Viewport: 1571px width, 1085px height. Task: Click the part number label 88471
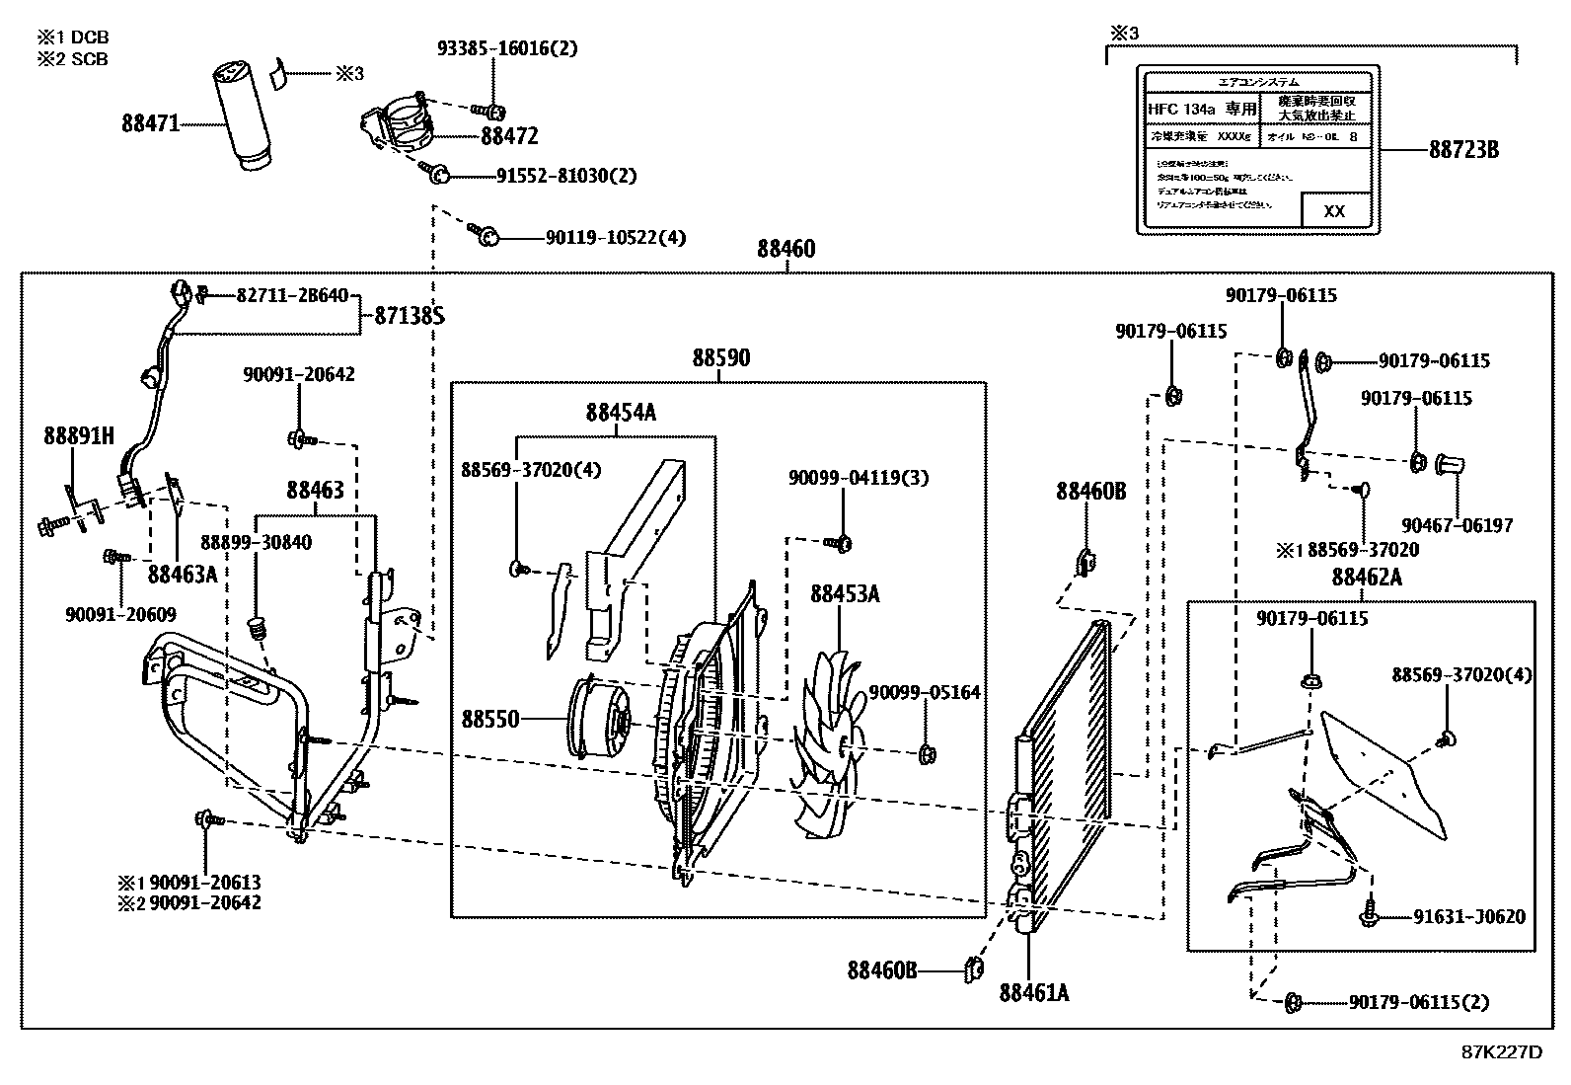(150, 124)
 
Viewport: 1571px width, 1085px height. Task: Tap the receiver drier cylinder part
(241, 116)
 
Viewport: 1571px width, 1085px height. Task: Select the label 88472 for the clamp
(509, 136)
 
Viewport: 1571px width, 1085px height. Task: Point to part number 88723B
(1463, 150)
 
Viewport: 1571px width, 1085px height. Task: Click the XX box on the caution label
(1333, 211)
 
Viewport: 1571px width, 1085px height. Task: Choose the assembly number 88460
(785, 249)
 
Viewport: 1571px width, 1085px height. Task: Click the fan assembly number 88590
(720, 358)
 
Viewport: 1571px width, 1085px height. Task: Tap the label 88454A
(620, 413)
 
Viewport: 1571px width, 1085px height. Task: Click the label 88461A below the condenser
(1033, 992)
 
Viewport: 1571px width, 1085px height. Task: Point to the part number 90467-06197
(1457, 526)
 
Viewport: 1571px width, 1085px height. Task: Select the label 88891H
(79, 435)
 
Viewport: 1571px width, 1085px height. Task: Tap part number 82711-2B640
(291, 295)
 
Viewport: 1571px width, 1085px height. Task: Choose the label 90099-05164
(924, 693)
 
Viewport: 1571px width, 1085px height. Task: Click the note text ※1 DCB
(73, 38)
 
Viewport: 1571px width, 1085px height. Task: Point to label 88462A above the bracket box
(1366, 578)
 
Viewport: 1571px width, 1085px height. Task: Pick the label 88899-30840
(256, 542)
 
